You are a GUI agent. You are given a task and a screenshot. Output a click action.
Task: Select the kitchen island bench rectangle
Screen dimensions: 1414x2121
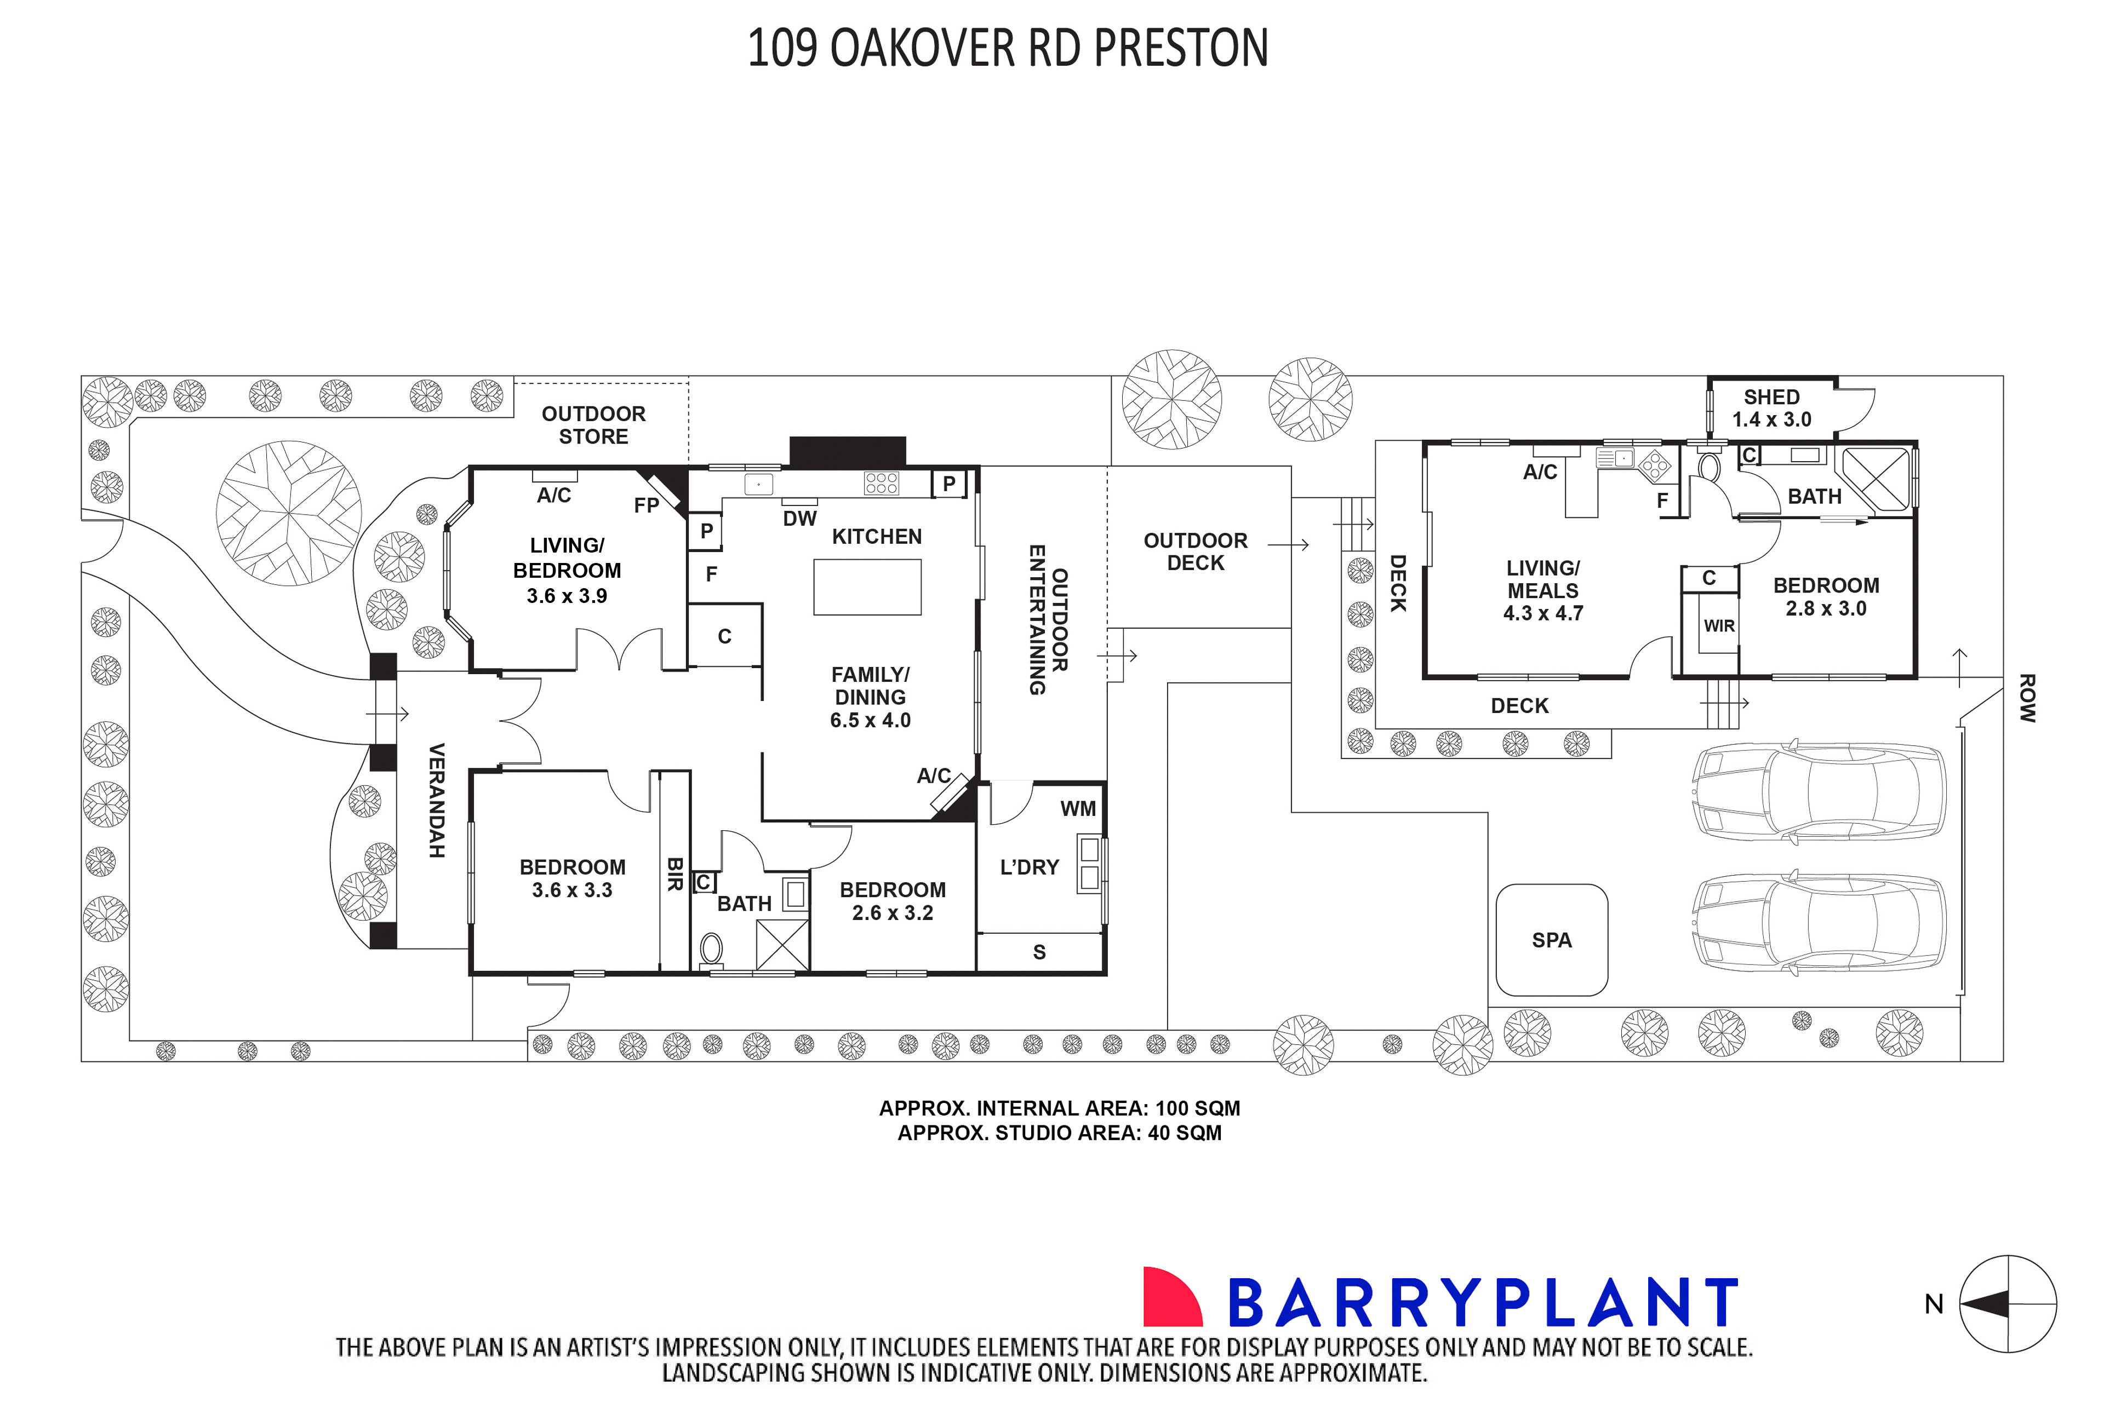coord(866,587)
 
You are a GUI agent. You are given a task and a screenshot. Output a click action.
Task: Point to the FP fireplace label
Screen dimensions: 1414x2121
coord(646,505)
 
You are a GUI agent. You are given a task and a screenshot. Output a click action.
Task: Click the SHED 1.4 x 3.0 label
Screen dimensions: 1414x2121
coord(1771,407)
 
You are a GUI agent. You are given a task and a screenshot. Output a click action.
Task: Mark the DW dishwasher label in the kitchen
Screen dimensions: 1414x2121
coord(799,519)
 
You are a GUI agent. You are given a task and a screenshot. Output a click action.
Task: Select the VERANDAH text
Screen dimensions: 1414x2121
coord(437,800)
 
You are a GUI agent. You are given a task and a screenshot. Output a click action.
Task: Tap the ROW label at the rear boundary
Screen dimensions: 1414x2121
coord(2026,698)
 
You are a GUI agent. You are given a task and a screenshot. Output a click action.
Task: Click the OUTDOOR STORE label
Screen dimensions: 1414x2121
coord(593,425)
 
